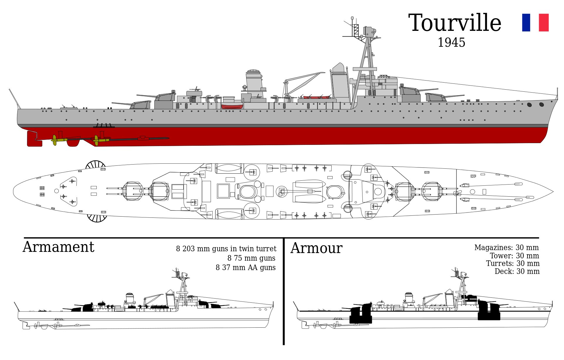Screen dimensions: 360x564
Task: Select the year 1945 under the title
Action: [451, 43]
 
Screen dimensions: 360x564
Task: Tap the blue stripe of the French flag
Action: [526, 23]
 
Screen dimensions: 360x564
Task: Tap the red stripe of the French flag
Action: [544, 23]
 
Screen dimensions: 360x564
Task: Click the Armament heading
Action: [58, 247]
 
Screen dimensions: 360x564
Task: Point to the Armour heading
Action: [316, 248]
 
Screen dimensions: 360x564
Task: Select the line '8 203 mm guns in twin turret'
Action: [226, 249]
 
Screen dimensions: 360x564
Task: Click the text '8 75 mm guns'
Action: [251, 258]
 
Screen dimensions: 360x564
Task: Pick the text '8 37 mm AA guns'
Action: [246, 268]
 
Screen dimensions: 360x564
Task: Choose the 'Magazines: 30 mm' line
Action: [506, 248]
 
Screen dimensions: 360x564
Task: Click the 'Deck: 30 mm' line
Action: [517, 272]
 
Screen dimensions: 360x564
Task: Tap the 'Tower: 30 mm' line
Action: [514, 256]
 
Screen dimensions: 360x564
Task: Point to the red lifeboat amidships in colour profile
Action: [232, 106]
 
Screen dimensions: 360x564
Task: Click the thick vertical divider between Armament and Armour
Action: [283, 291]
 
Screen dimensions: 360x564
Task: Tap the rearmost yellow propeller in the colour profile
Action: [55, 140]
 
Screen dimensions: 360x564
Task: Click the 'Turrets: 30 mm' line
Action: [513, 264]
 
